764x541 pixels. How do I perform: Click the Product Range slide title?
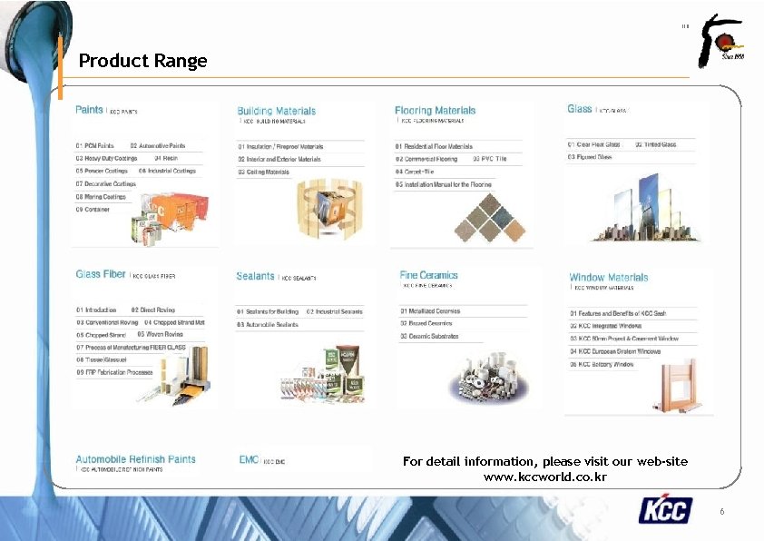[x=142, y=61]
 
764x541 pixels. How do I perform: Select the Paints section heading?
[x=89, y=110]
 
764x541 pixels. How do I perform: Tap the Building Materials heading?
[x=276, y=111]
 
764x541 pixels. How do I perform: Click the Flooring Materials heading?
[x=435, y=111]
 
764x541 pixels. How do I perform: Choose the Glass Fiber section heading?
[x=101, y=274]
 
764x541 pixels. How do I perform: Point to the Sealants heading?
[x=255, y=276]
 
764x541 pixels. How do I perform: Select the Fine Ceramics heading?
[x=428, y=275]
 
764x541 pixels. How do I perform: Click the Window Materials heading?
[x=608, y=277]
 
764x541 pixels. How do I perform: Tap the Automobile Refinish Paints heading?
[x=135, y=459]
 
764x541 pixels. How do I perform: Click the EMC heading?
[x=249, y=460]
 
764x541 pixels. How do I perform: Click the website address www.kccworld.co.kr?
[x=544, y=477]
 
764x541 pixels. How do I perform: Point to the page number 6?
[x=721, y=512]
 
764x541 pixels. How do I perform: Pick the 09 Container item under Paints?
[x=93, y=209]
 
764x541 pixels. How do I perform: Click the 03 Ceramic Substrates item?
[x=429, y=336]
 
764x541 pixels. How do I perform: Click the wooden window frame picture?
[x=684, y=386]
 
